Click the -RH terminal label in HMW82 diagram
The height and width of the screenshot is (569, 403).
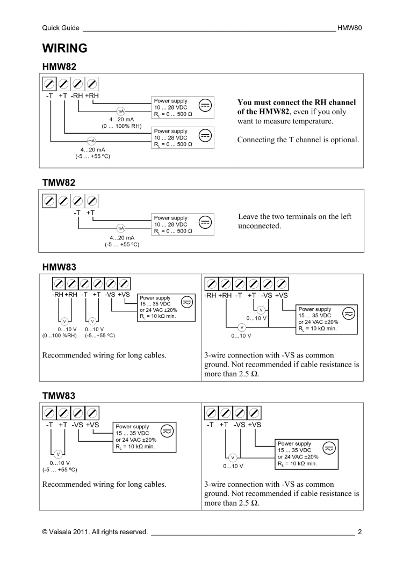coord(78,96)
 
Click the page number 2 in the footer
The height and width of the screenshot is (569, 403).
coord(359,532)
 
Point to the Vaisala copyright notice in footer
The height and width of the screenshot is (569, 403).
coord(95,532)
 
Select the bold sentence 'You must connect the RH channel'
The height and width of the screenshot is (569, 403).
coord(296,102)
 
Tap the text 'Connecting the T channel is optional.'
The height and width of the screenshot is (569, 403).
coord(298,140)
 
